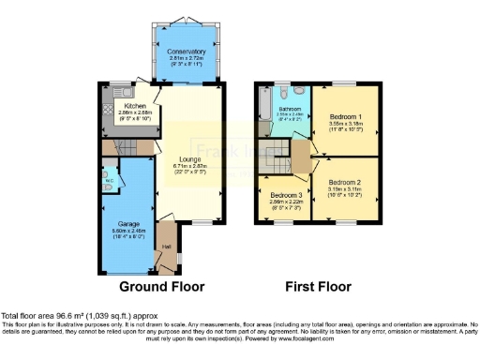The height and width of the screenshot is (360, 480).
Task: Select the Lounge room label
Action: coord(190,158)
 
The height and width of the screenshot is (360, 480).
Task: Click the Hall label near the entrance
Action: coord(167,247)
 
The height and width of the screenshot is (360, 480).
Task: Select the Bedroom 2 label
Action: coord(343,182)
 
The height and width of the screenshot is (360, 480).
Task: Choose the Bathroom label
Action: coord(290,110)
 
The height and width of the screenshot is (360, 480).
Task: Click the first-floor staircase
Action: coord(300,155)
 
